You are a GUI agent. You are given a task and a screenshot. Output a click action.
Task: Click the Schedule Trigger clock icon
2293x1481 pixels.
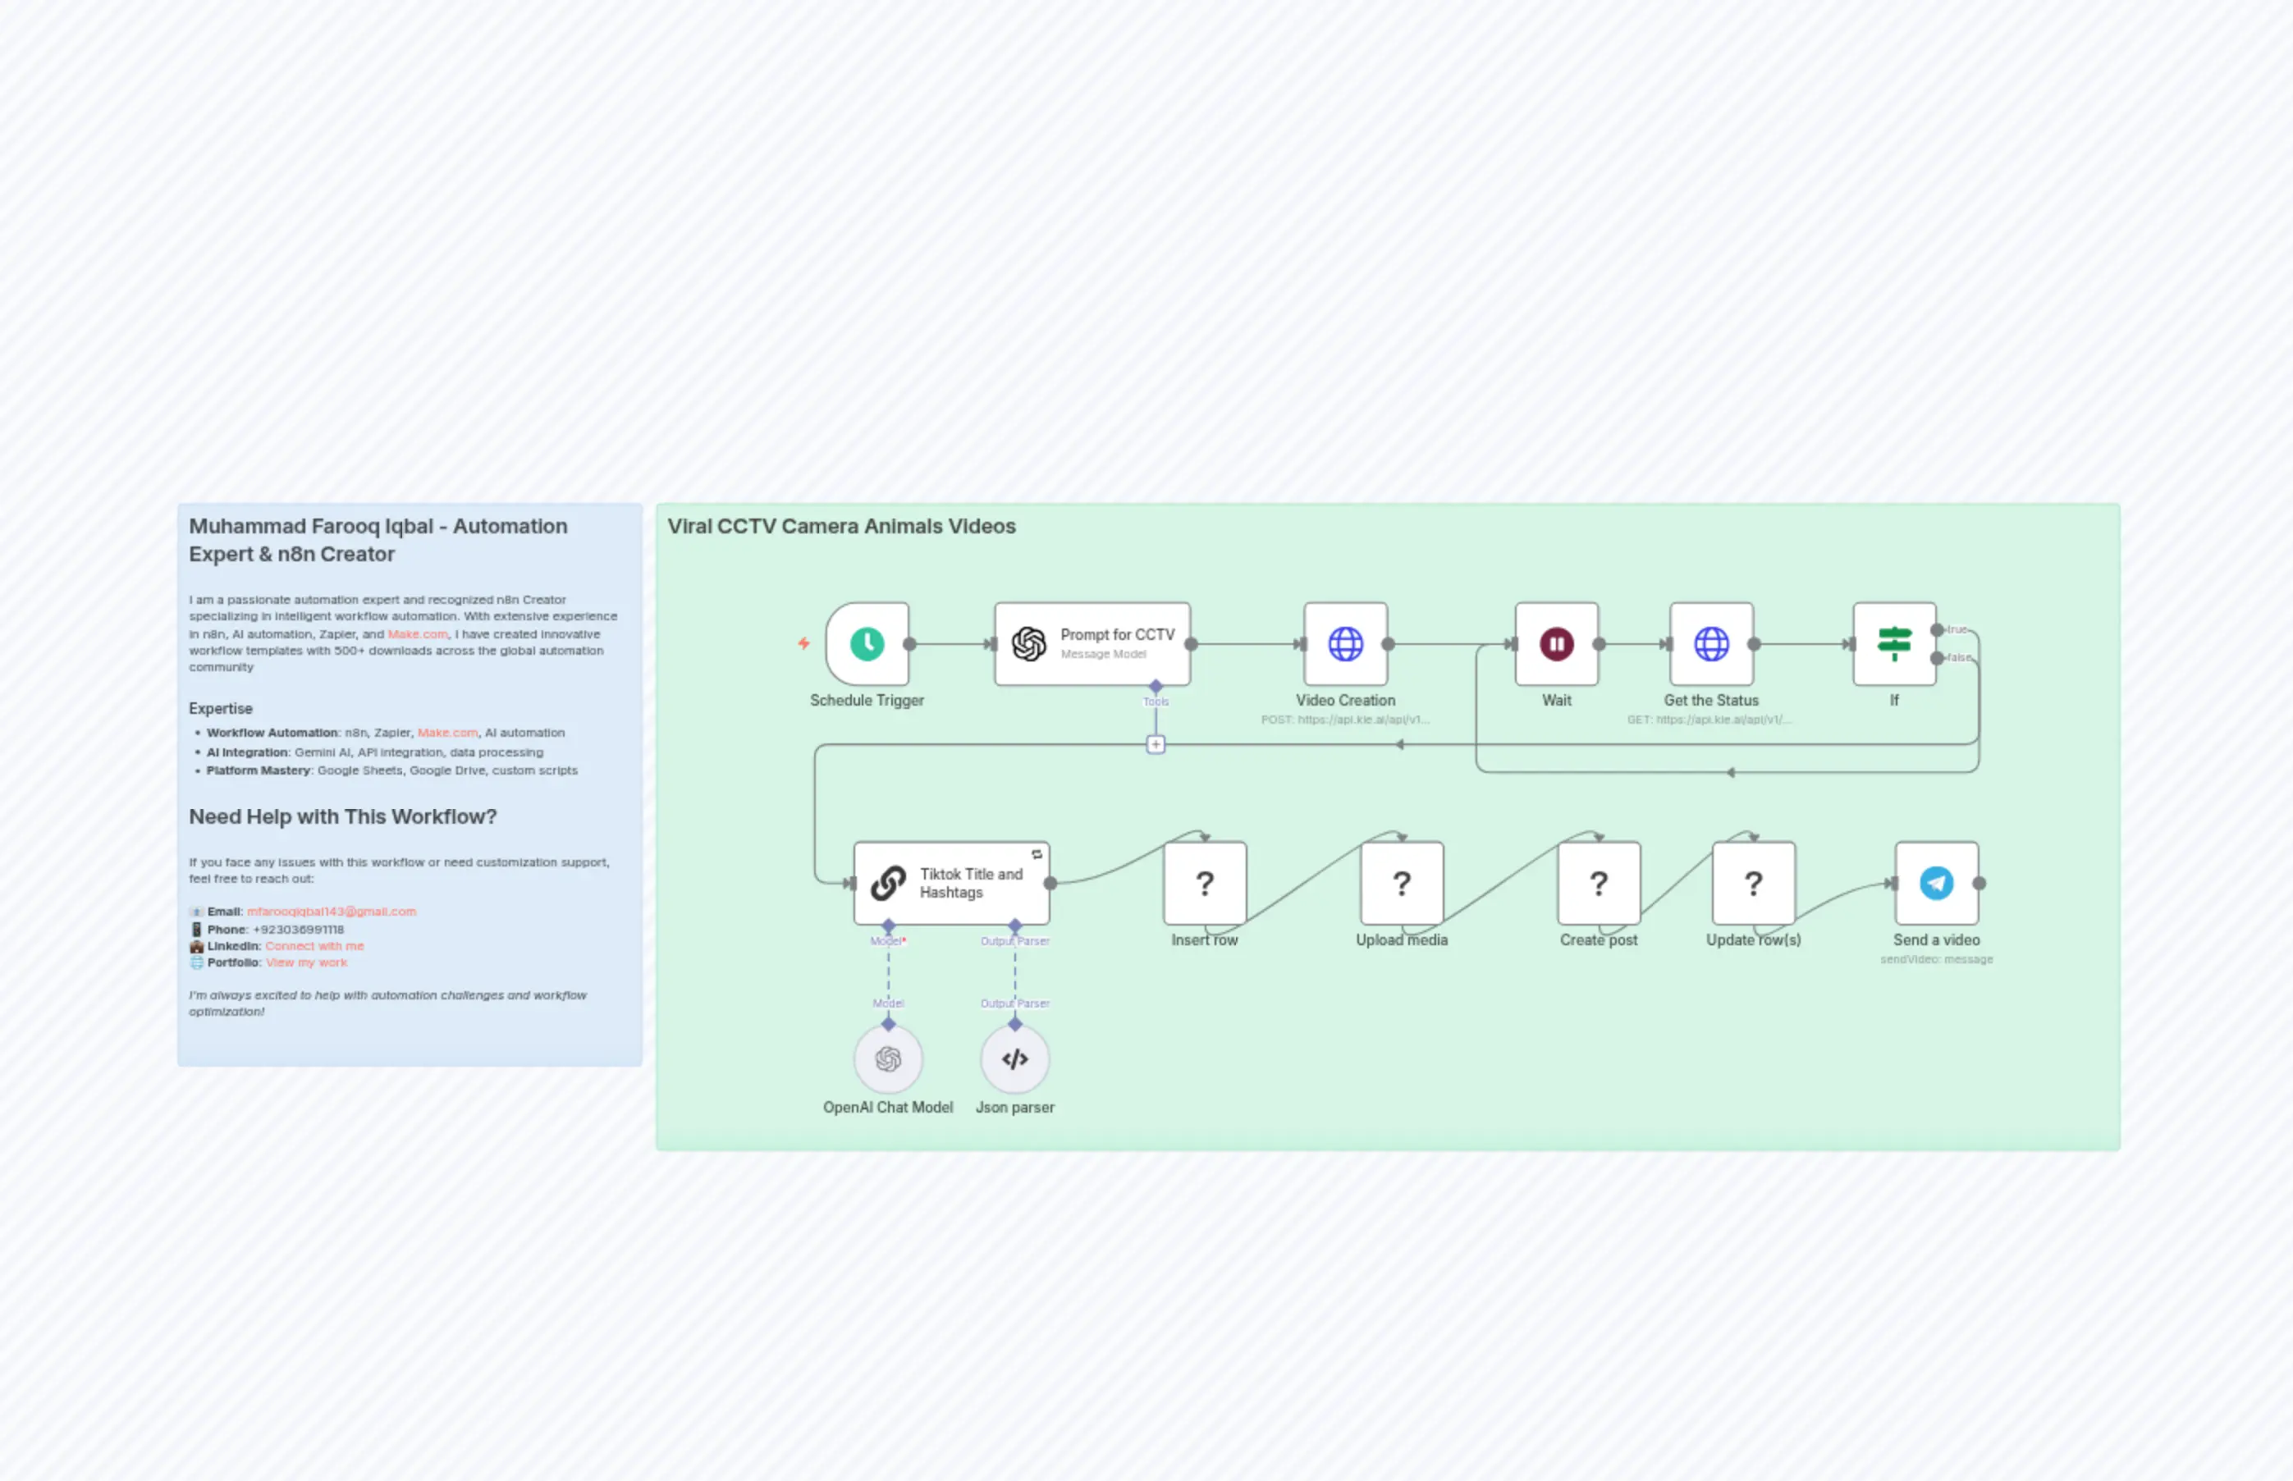867,643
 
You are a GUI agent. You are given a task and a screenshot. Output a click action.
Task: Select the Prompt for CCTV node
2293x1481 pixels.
1092,643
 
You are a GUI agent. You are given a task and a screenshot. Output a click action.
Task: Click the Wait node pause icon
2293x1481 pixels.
1556,643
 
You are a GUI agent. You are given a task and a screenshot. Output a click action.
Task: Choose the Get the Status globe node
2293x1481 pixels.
1711,643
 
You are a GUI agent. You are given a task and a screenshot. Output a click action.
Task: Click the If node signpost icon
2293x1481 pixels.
1894,643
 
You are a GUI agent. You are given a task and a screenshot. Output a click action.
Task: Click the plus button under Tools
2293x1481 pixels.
1156,744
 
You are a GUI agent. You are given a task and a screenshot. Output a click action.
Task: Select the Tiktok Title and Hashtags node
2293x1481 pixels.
951,883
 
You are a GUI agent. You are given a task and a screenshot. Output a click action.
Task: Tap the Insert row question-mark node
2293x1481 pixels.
1204,883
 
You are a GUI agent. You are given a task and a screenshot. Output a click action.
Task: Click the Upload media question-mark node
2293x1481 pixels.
1402,883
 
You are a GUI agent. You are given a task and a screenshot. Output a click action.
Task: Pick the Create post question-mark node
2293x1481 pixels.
1599,883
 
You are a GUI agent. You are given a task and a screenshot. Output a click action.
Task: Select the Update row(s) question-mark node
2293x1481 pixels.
1754,883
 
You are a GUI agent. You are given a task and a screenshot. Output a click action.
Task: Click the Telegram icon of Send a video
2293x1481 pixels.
1936,883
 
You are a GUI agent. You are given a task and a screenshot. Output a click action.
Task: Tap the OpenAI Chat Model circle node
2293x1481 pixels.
888,1058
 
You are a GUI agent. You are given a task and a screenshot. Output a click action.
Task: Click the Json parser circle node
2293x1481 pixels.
1014,1058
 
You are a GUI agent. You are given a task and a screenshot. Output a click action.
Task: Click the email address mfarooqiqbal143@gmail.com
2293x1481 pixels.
331,912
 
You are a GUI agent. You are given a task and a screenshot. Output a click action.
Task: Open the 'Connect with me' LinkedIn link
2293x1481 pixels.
314,946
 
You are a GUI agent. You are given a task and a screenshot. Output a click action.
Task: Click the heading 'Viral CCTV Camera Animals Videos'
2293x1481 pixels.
841,526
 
